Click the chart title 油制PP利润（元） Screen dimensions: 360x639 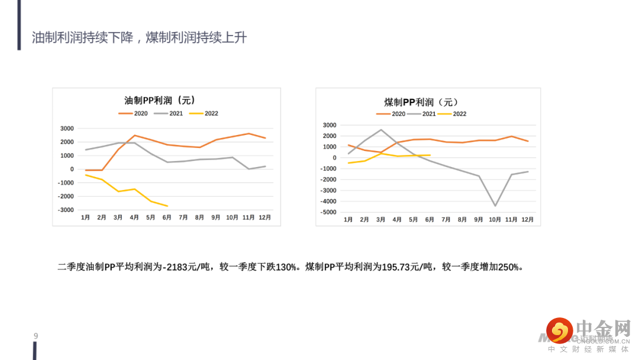coord(160,101)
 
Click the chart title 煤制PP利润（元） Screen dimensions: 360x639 coord(421,102)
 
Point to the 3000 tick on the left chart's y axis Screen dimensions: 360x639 coord(67,128)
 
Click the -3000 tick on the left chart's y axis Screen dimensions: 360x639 coord(66,210)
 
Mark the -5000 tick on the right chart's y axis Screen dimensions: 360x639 coord(328,212)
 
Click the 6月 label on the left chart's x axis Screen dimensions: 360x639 coord(167,218)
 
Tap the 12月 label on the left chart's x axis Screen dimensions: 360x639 coord(265,218)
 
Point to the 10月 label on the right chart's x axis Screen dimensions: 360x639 coord(495,220)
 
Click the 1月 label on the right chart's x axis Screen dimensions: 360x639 coord(348,220)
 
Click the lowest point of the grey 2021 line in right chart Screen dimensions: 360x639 coord(495,205)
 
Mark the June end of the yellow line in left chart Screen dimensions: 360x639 coord(167,206)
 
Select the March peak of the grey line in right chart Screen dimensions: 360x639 coord(381,130)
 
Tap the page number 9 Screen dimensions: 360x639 coord(36,336)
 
